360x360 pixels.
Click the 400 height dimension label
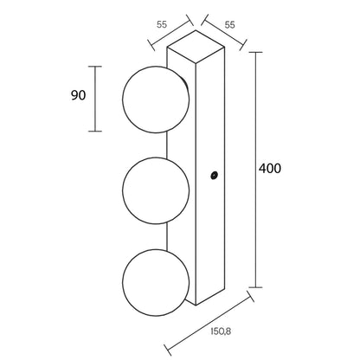tap(269, 169)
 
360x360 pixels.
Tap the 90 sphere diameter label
tap(78, 95)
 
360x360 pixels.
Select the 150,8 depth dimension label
tap(221, 331)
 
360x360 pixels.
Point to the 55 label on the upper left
tap(162, 24)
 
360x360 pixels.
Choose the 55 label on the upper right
tap(229, 25)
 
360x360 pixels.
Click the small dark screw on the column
tap(214, 175)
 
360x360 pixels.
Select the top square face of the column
tap(196, 47)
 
